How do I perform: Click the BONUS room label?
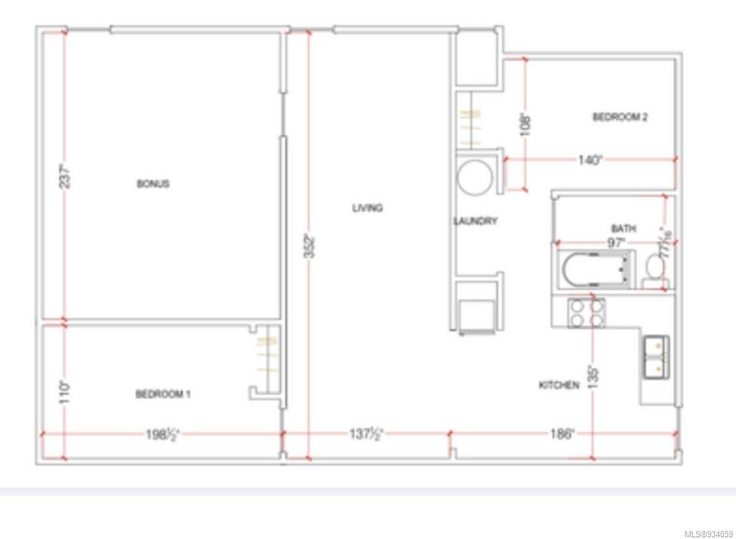click(153, 184)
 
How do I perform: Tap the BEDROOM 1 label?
click(163, 394)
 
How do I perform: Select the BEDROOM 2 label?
click(620, 117)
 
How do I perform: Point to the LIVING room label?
click(367, 208)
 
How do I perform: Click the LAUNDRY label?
click(475, 221)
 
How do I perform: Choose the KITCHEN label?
click(559, 385)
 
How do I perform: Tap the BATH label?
click(623, 228)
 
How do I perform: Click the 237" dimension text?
click(64, 177)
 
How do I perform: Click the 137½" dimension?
click(366, 433)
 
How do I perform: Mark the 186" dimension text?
click(562, 433)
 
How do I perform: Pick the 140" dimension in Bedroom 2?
click(589, 161)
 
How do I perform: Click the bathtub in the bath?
click(597, 269)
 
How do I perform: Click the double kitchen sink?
click(657, 357)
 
